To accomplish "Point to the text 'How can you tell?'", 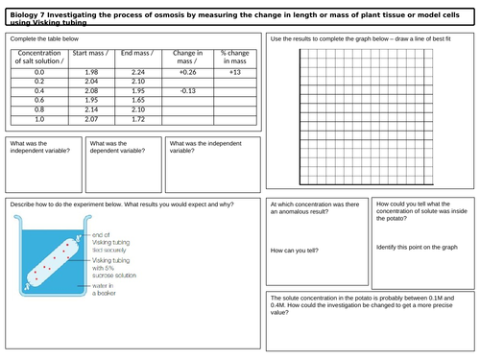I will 296,251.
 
